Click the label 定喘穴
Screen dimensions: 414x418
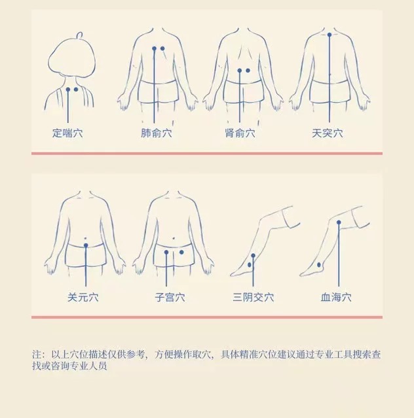tap(67, 133)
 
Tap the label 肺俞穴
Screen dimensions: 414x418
tap(156, 133)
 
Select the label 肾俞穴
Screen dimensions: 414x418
tap(240, 133)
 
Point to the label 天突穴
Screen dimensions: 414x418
tap(328, 133)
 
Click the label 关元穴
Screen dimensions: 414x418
tap(83, 297)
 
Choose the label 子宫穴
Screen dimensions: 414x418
tap(170, 297)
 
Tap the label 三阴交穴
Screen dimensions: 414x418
tap(253, 297)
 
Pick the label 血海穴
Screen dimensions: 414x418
tap(336, 297)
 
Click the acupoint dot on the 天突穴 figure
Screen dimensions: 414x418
tap(329, 35)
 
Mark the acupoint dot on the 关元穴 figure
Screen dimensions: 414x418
tap(86, 245)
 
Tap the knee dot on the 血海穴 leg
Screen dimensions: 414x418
tap(339, 222)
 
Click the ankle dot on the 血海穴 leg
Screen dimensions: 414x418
tap(319, 265)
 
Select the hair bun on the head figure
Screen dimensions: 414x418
tap(79, 35)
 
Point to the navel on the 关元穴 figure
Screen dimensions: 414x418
tap(85, 238)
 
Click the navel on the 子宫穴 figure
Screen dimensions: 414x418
tap(174, 238)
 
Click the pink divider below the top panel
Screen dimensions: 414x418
tap(207, 154)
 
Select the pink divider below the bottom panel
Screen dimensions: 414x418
tap(207, 317)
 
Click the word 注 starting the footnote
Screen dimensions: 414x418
tap(37, 355)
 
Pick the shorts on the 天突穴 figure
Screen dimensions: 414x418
tap(329, 91)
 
